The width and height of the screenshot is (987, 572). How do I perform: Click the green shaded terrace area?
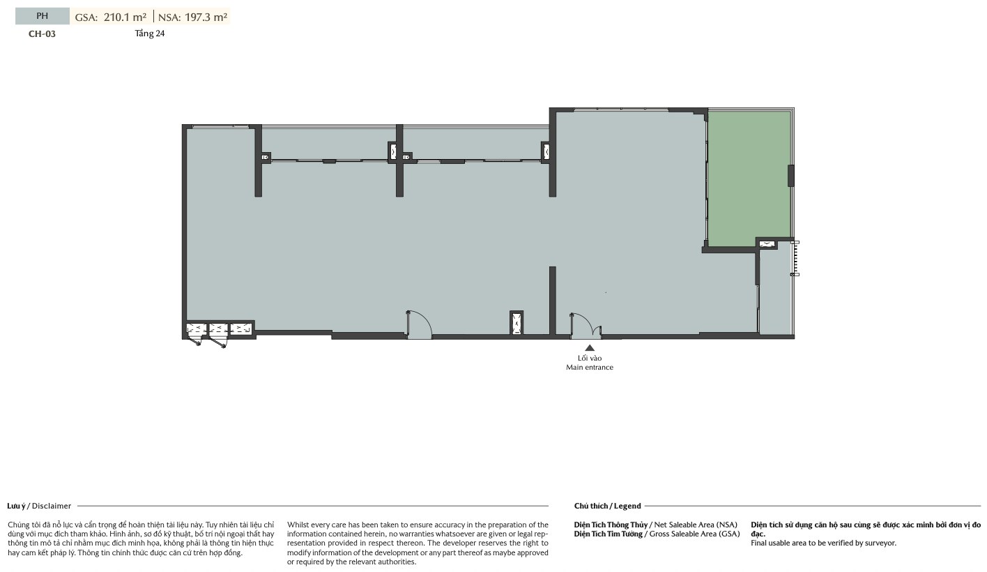click(748, 178)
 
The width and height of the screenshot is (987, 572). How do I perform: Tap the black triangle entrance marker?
click(590, 347)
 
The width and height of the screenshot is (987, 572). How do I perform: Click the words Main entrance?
click(590, 368)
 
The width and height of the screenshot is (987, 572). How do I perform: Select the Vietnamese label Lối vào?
click(590, 358)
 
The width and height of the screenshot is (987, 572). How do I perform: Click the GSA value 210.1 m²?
click(125, 17)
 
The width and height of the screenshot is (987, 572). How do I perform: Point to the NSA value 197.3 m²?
click(206, 17)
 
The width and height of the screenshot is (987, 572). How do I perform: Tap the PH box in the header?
click(43, 16)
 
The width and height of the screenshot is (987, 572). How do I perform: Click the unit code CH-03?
click(42, 34)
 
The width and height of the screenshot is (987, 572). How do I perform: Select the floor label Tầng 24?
click(150, 33)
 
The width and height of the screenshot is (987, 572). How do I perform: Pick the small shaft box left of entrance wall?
click(517, 323)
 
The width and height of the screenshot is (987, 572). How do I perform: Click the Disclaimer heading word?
click(52, 506)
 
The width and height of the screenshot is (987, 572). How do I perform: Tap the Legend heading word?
click(627, 506)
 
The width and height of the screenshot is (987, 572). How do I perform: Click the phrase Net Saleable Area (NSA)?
click(696, 525)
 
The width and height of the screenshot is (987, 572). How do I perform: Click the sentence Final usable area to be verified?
click(823, 543)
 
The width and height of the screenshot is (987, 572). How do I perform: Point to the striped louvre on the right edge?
click(795, 258)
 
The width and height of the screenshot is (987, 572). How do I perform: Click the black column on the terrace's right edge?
click(791, 176)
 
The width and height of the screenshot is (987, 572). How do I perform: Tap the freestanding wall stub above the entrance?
click(553, 300)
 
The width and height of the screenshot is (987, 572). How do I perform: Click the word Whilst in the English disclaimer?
click(297, 525)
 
